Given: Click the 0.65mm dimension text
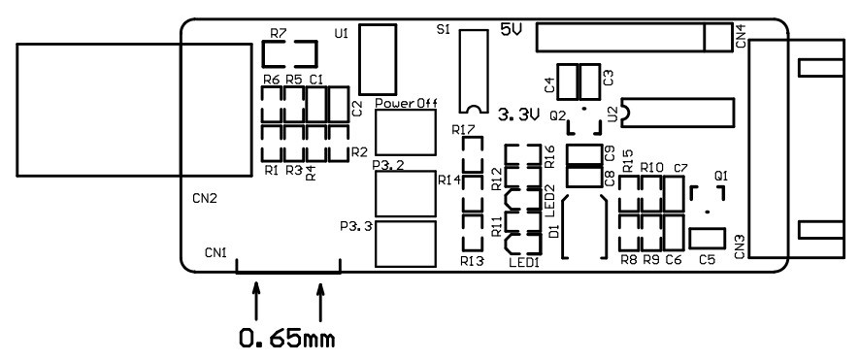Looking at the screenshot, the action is [287, 339].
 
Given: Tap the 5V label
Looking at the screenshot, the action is [512, 29].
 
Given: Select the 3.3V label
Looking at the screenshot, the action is [519, 115].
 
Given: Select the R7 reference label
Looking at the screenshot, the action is [278, 33].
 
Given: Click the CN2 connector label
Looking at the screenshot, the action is [205, 199].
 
